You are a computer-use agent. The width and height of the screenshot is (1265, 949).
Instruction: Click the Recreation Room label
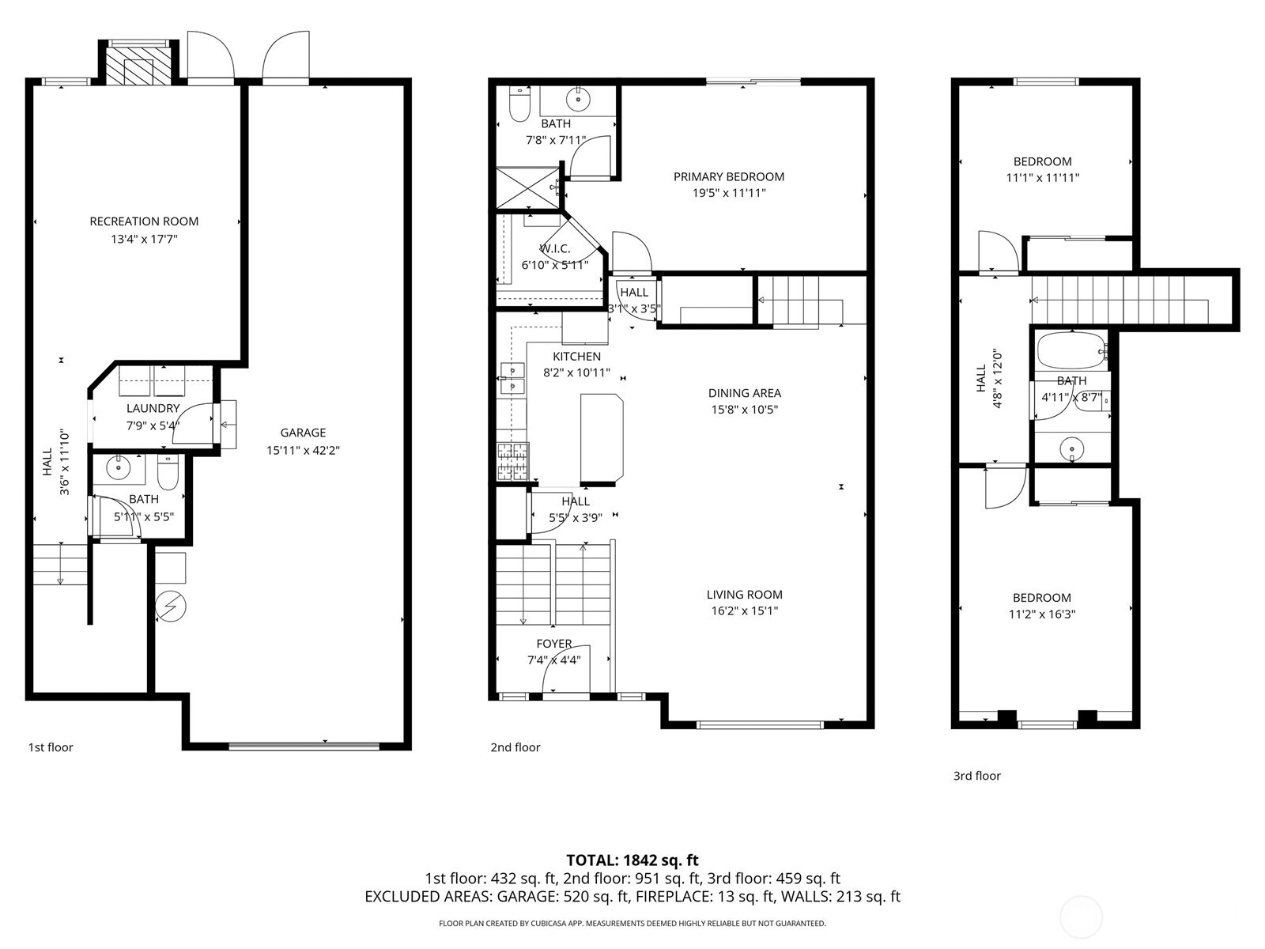pyautogui.click(x=144, y=221)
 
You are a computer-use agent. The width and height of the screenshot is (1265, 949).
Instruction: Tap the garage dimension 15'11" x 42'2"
pyautogui.click(x=303, y=450)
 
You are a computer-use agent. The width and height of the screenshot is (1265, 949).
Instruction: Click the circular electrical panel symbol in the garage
pyautogui.click(x=171, y=606)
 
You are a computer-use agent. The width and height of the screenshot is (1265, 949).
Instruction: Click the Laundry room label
pyautogui.click(x=153, y=409)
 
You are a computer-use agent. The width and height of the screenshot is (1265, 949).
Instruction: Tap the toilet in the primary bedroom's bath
pyautogui.click(x=519, y=104)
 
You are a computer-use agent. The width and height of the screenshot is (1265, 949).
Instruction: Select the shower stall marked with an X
pyautogui.click(x=528, y=188)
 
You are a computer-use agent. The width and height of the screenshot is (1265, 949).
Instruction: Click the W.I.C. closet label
pyautogui.click(x=555, y=249)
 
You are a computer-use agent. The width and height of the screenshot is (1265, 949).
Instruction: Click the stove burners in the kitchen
pyautogui.click(x=513, y=461)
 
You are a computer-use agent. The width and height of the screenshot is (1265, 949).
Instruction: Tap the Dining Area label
pyautogui.click(x=745, y=393)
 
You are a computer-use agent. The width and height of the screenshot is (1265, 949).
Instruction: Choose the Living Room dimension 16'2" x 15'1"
pyautogui.click(x=745, y=611)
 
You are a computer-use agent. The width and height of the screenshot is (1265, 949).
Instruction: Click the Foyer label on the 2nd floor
pyautogui.click(x=554, y=644)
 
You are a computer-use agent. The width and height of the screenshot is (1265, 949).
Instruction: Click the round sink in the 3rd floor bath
pyautogui.click(x=1071, y=448)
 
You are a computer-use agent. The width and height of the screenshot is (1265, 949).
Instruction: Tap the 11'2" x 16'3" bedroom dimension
pyautogui.click(x=1042, y=614)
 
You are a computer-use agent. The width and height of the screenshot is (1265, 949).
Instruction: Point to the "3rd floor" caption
pyautogui.click(x=977, y=776)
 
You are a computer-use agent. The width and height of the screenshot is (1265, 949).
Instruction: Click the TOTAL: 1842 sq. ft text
pyautogui.click(x=632, y=860)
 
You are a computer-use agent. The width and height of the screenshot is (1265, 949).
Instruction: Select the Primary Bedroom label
pyautogui.click(x=729, y=177)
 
